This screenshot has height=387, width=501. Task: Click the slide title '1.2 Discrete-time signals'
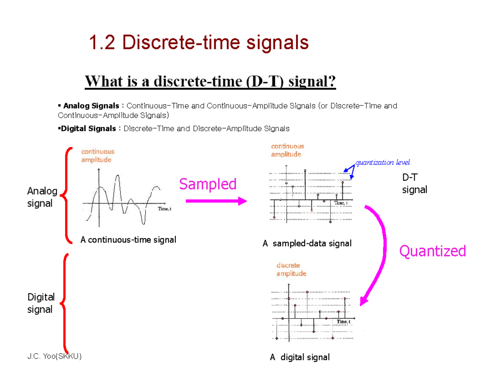point(199,43)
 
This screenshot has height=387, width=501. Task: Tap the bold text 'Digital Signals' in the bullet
point(88,129)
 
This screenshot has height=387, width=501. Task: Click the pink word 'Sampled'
point(208,184)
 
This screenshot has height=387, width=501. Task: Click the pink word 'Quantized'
point(433,251)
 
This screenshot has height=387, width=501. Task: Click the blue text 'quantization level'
point(382,162)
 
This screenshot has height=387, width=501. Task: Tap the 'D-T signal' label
point(415,184)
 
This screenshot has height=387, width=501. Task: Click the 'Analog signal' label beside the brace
point(42,197)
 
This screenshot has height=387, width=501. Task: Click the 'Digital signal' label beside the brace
point(41,303)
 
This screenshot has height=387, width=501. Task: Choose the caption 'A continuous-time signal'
point(128,240)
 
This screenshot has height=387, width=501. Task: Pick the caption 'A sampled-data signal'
point(307,243)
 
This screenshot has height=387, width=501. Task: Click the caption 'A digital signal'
point(299,357)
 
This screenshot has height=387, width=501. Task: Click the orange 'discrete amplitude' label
point(291,269)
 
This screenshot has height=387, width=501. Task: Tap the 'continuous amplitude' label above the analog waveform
point(97,156)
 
